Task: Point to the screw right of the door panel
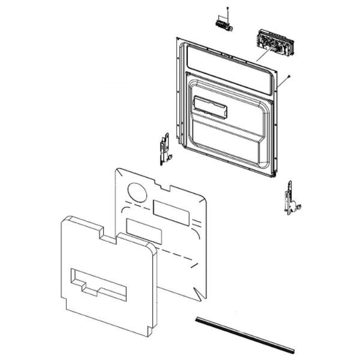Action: pos(289,77)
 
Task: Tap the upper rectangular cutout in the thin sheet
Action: pos(171,213)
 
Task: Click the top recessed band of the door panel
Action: pos(228,69)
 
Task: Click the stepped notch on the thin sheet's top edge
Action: pos(162,186)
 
